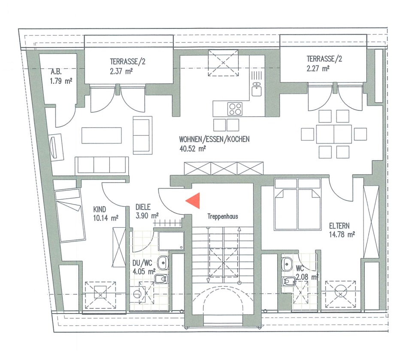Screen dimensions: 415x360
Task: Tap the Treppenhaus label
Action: (223, 217)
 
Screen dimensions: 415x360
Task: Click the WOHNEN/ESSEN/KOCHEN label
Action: (215, 139)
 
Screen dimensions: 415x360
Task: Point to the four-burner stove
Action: (235, 109)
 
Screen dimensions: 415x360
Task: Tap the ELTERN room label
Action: (339, 226)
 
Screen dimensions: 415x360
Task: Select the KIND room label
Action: (100, 210)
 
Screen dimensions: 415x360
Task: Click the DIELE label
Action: (143, 207)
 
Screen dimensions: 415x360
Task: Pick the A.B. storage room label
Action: (56, 71)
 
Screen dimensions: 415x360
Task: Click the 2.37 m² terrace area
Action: (121, 71)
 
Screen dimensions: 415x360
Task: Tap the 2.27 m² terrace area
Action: (318, 69)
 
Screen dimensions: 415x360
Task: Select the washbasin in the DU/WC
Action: (163, 263)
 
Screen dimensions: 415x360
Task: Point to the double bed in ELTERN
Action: (297, 204)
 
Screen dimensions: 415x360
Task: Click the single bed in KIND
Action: (70, 214)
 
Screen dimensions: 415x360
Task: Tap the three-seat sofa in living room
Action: (102, 165)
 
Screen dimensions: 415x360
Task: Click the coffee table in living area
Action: (102, 135)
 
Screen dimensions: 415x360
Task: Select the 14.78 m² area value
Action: (342, 235)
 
